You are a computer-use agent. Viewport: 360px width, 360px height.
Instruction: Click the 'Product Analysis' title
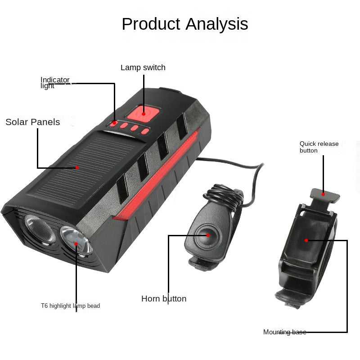point(184,24)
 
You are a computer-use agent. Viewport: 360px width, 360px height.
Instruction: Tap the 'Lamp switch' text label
point(143,67)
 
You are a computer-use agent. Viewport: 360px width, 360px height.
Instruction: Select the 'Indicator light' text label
point(55,83)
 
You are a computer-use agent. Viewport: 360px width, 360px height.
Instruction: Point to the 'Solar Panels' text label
point(32,122)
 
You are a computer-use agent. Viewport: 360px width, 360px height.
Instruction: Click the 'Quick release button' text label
point(319,147)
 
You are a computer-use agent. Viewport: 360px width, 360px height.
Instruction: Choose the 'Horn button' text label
point(164,299)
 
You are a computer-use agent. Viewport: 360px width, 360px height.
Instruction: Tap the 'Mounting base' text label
point(284,332)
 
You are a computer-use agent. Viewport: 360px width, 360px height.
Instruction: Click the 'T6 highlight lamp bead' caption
point(70,306)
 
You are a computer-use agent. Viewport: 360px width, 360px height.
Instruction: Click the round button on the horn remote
point(207,234)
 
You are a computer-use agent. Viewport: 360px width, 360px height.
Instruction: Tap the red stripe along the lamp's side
point(162,175)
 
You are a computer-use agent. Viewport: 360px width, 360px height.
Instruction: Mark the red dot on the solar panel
point(77,167)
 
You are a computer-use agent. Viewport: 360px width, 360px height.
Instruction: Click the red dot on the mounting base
point(306,240)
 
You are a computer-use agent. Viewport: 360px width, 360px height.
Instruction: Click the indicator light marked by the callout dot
point(115,123)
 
